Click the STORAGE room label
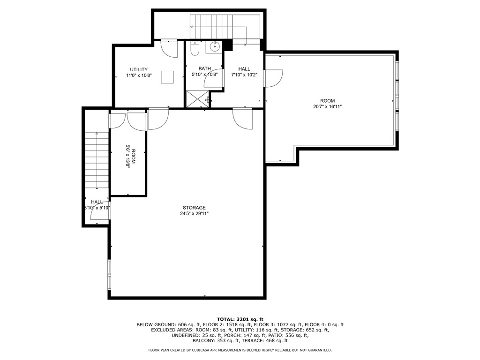click(x=194, y=208)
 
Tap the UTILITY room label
click(x=139, y=70)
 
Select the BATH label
click(x=204, y=68)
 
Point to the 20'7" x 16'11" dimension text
click(x=328, y=107)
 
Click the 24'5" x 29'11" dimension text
click(x=194, y=214)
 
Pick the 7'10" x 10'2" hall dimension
click(x=244, y=75)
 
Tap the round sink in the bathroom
click(x=215, y=46)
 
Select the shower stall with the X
click(x=197, y=99)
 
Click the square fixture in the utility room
click(x=167, y=77)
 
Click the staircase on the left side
click(x=97, y=159)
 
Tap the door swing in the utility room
click(x=169, y=48)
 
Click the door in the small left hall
click(x=99, y=211)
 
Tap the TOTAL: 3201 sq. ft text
click(x=240, y=319)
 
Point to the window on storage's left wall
click(x=109, y=274)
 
